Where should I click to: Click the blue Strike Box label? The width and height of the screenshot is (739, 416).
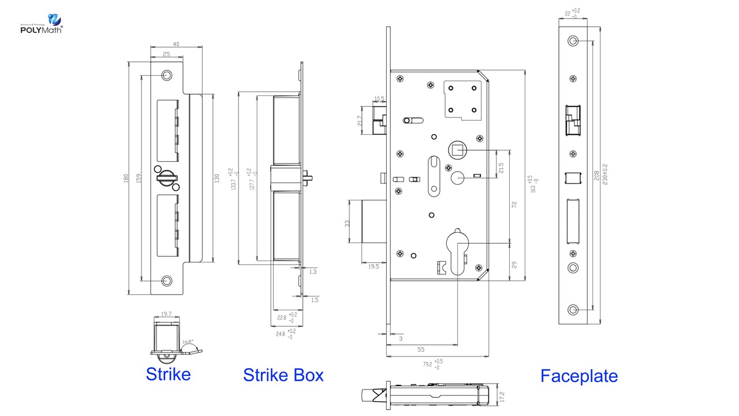pos(283,375)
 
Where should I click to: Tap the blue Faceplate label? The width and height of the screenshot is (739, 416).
pos(578,376)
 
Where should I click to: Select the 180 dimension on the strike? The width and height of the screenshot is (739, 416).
pos(126,179)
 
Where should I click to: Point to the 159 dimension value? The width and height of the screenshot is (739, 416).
pos(139,179)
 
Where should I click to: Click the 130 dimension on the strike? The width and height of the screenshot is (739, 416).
pos(217,179)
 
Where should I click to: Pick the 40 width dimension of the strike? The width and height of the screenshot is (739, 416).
pos(176,44)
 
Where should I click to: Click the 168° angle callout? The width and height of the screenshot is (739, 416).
pos(188,342)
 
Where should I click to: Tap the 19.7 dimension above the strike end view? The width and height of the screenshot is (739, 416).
pos(166,314)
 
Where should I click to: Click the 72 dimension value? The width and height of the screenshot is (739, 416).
pos(514,205)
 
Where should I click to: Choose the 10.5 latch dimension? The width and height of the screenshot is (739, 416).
pos(379,99)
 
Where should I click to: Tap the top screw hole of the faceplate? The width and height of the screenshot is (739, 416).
pos(573,41)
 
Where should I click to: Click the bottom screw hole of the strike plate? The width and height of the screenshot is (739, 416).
pos(167,281)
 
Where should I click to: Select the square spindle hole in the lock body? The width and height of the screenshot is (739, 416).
pos(458,152)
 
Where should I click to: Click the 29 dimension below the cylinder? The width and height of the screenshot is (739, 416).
pos(514,263)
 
